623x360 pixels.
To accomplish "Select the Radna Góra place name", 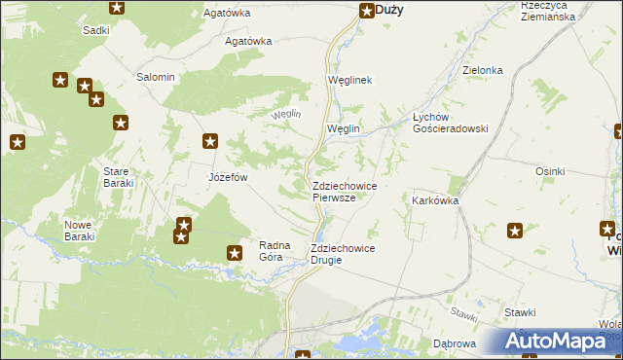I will pyautogui.click(x=276, y=251).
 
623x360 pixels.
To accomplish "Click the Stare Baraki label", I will pyautogui.click(x=123, y=177).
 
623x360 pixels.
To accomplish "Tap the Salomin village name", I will pyautogui.click(x=156, y=77).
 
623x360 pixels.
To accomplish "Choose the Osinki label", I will pyautogui.click(x=549, y=171).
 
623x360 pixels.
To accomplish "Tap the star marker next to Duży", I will pyautogui.click(x=367, y=12).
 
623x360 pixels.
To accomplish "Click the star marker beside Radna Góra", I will pyautogui.click(x=235, y=253).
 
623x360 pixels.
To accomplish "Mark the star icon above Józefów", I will pyautogui.click(x=210, y=141).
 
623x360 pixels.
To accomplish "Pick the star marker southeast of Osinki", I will pyautogui.click(x=515, y=231).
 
